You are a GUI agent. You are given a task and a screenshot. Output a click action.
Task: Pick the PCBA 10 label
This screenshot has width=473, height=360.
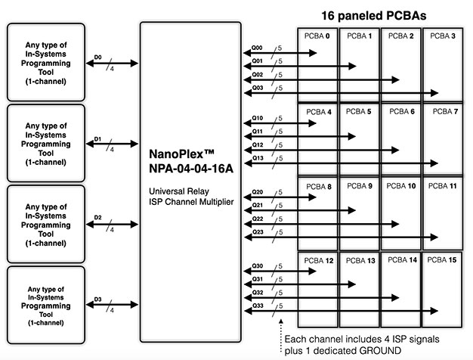click(402, 185)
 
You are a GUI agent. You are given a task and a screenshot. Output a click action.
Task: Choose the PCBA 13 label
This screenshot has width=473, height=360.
click(360, 260)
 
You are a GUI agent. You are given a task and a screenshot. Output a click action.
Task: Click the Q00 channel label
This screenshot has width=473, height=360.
click(257, 48)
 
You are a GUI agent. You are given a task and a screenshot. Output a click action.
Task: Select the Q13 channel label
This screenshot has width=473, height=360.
click(257, 157)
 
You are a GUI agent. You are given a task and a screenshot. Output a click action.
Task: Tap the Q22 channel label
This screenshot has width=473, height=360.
click(257, 219)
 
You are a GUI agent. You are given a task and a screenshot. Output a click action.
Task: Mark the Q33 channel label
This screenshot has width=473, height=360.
click(257, 306)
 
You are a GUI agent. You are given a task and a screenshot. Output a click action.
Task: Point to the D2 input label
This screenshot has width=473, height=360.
click(97, 218)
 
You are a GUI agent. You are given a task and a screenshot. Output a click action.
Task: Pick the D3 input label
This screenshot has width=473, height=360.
click(97, 299)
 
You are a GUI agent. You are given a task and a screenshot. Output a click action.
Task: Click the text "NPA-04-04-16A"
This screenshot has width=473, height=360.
click(190, 166)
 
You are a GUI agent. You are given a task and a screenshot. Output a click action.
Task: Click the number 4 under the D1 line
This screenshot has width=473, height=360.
click(112, 150)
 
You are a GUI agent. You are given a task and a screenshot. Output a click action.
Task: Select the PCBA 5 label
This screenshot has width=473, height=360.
click(360, 112)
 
